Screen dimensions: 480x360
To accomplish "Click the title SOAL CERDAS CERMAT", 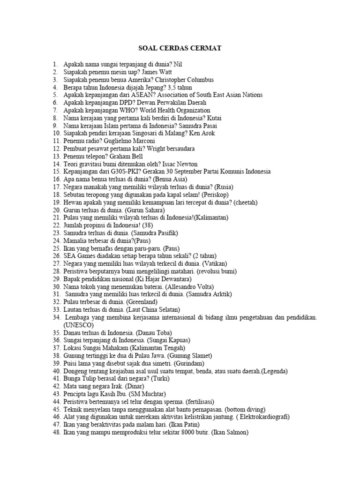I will click(180, 48).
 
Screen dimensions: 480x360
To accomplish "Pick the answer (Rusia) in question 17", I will click(223, 187).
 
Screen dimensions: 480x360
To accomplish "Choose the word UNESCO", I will click(79, 325).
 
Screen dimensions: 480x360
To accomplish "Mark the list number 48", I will click(56, 432).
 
